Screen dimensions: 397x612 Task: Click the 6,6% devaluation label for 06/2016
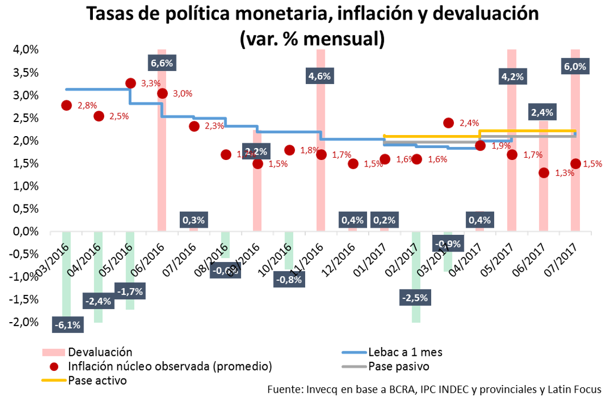coord(162,63)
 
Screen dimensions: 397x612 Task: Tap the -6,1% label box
coord(67,325)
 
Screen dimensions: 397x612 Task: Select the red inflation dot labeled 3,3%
coord(130,83)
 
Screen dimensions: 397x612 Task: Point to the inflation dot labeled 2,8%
coord(67,105)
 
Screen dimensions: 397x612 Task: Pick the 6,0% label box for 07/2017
coord(575,67)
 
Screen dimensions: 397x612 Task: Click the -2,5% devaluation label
coord(415,297)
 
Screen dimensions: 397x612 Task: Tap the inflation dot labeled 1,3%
coord(544,172)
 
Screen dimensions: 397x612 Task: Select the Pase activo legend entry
coord(97,380)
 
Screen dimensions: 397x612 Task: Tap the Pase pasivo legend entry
coord(399,366)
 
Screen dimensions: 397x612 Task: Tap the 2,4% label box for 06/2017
coord(542,113)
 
